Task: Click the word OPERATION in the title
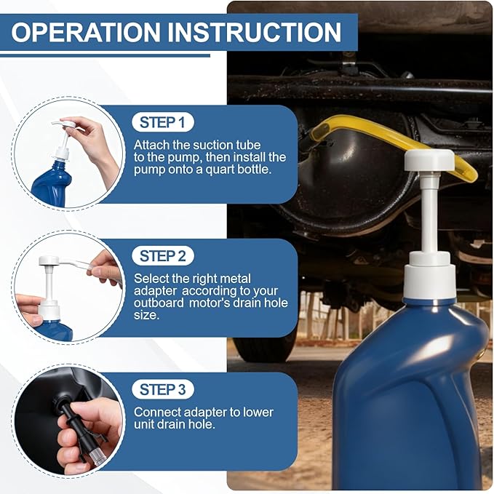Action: [86, 32]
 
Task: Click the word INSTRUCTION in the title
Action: [254, 32]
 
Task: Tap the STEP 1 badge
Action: [162, 122]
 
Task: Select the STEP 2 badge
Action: [162, 256]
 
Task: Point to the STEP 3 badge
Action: [162, 389]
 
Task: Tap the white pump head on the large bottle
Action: [429, 161]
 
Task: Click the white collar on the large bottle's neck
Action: [430, 277]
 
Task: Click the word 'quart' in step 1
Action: [220, 170]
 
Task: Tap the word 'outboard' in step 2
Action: [159, 303]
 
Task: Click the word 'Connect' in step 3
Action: [157, 413]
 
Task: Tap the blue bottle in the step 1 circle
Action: [52, 184]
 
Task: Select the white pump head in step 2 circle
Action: [49, 261]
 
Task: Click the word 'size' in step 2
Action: [145, 315]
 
